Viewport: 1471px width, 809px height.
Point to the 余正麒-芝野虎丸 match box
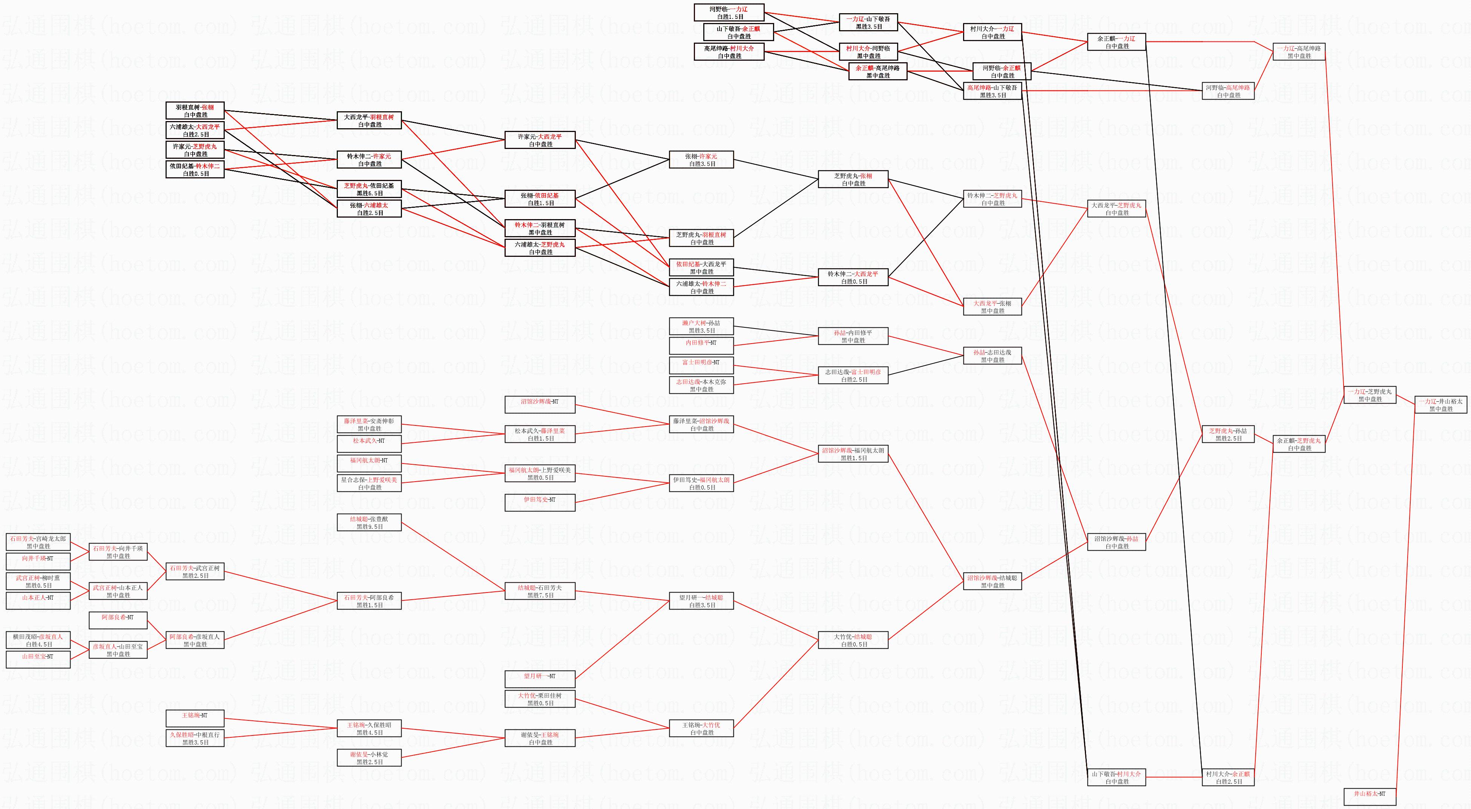(1299, 444)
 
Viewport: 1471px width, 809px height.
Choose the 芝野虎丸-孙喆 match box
(1228, 434)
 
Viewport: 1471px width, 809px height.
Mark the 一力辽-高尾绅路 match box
(1299, 52)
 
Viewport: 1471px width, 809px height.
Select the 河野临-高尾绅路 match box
(1228, 91)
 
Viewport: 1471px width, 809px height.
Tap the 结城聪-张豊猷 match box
(370, 522)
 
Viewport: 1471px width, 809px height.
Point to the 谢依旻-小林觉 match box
(370, 758)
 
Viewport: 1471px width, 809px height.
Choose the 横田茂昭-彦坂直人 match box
(38, 640)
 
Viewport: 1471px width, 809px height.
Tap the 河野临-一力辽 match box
(728, 12)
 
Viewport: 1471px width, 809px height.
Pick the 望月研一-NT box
(540, 679)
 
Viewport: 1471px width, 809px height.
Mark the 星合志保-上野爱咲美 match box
(370, 484)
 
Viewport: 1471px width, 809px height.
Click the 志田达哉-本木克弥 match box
(701, 385)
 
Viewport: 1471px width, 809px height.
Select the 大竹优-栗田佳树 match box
(540, 699)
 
